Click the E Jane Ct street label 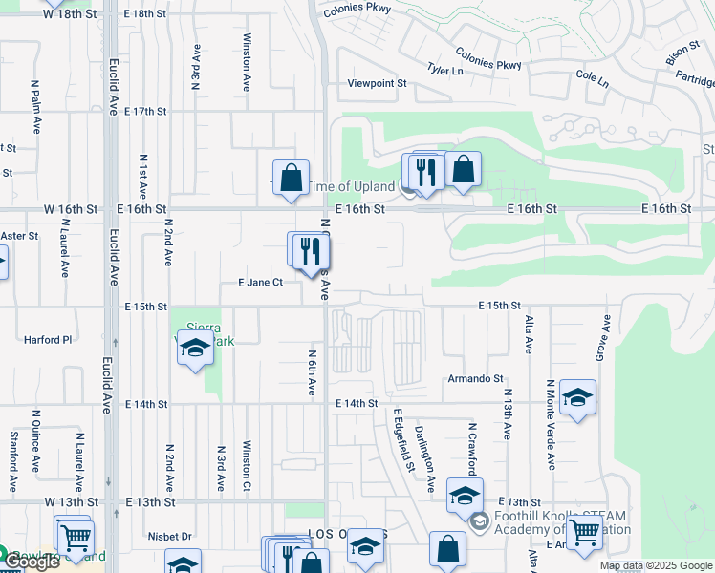260,283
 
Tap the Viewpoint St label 377,84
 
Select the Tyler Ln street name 444,71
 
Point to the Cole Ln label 592,77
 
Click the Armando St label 475,379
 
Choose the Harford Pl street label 48,339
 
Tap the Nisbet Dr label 171,537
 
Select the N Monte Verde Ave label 551,425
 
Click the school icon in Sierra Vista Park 194,350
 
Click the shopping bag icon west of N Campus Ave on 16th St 291,178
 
